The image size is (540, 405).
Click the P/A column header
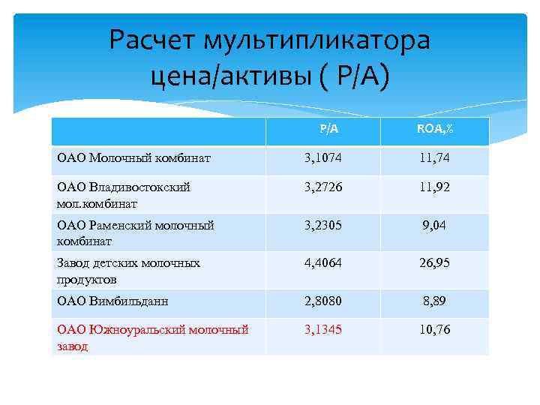[x=328, y=129]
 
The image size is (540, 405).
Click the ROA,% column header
[x=435, y=129]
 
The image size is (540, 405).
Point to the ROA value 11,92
[x=435, y=187]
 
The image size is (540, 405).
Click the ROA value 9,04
[x=435, y=225]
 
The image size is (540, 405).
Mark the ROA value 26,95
[x=435, y=263]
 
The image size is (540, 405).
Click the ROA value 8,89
[x=435, y=301]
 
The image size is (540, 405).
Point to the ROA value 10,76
[x=435, y=330]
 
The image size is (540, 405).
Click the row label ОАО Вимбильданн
[x=113, y=301]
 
